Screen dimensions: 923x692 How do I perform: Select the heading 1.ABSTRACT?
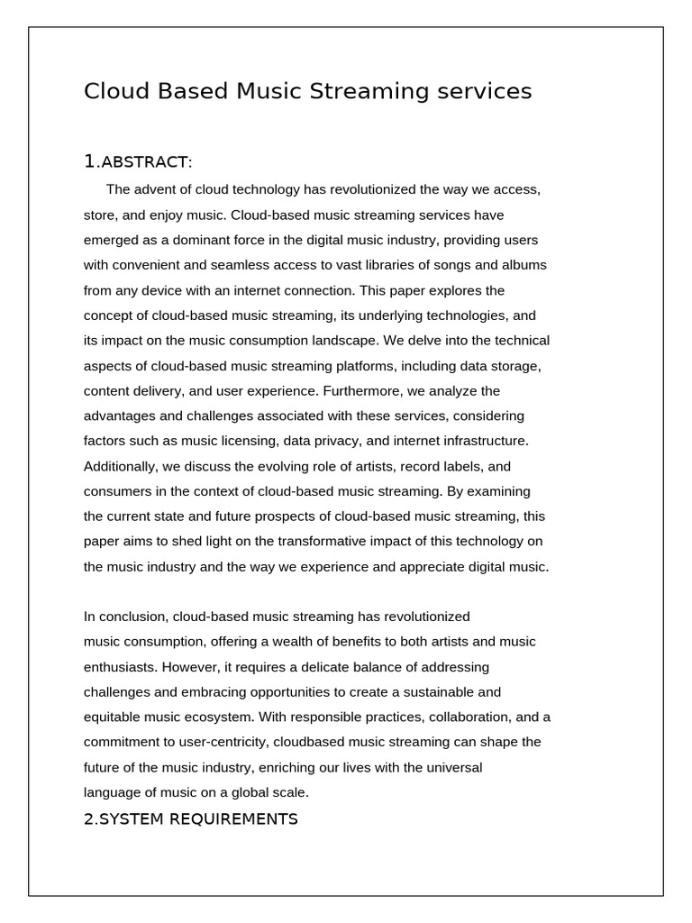click(138, 162)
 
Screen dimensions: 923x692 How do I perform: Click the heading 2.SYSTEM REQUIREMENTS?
click(191, 818)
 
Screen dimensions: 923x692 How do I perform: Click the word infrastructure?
click(474, 441)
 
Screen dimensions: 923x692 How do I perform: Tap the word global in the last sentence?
click(250, 792)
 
